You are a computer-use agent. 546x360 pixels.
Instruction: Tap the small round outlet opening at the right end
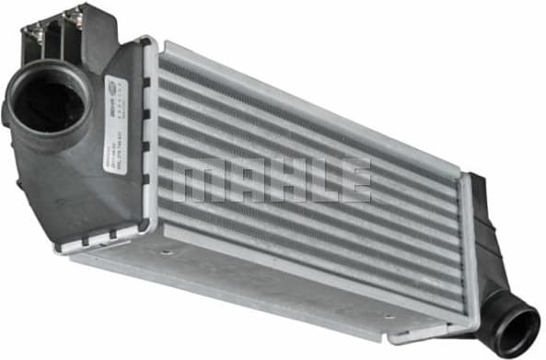[x=517, y=329]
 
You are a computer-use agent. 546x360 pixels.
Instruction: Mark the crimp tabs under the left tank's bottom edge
[x=92, y=241]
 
